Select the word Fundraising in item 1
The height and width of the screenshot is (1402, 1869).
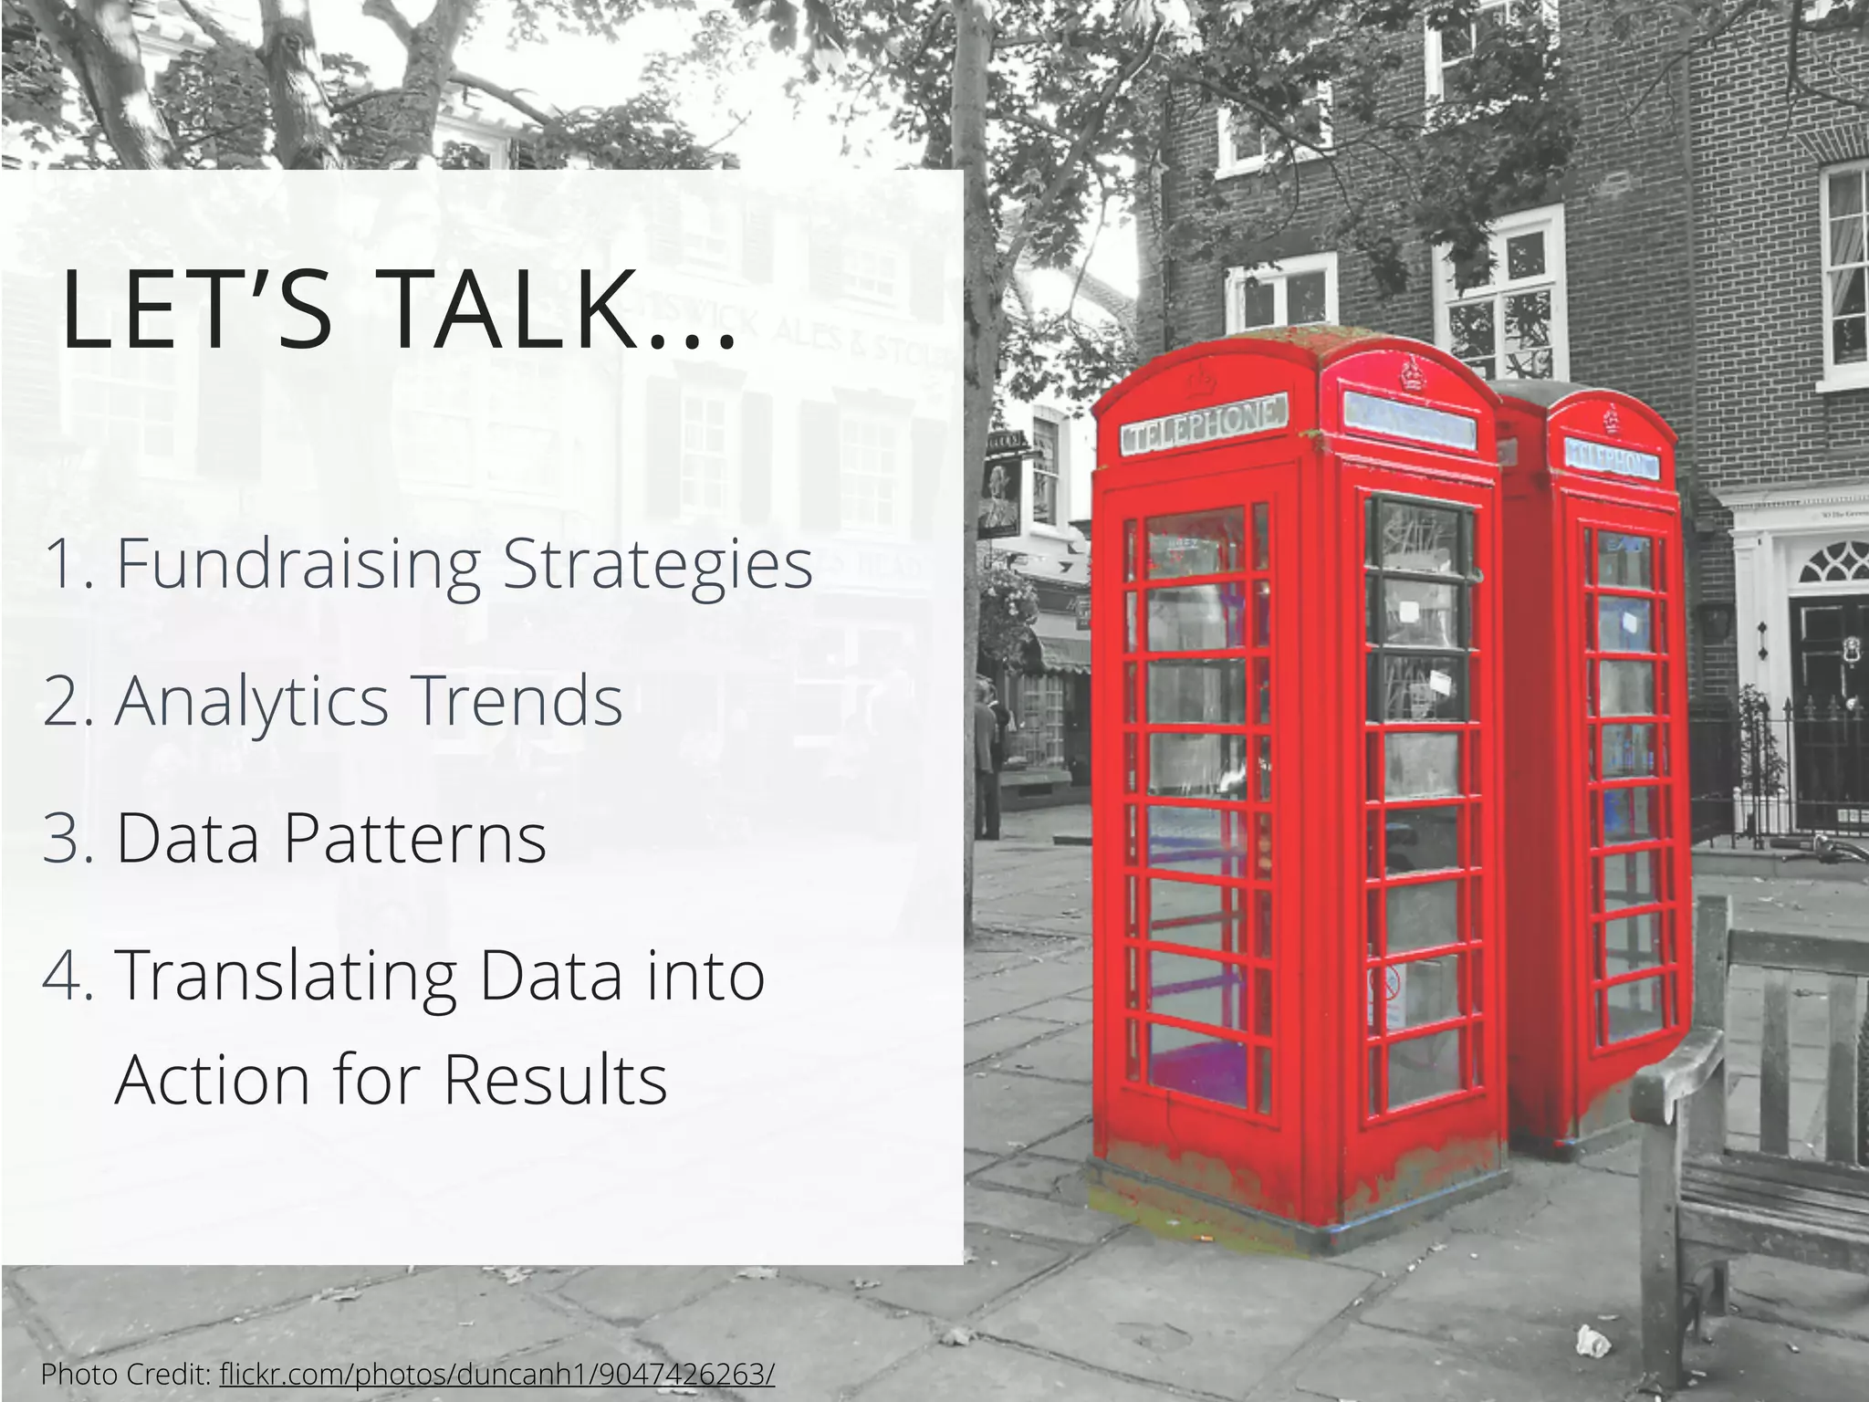[298, 564]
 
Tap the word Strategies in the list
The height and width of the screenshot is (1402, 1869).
[657, 564]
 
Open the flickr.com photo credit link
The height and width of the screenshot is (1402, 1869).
[497, 1374]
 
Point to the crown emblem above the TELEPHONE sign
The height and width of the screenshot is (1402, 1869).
[1196, 381]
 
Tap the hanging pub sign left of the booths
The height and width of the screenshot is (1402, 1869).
[1001, 497]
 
